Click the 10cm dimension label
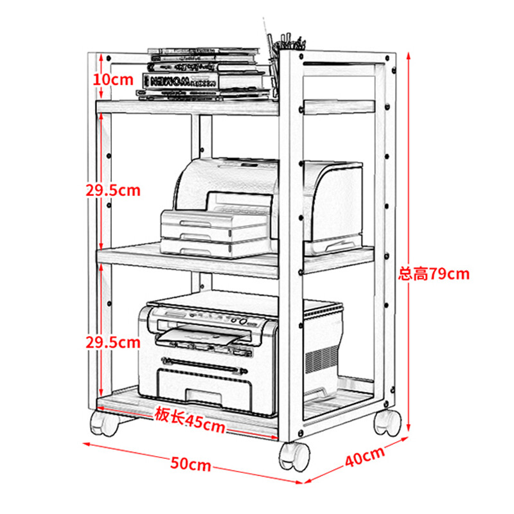tap(113, 80)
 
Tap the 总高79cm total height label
tap(434, 274)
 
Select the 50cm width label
tap(191, 464)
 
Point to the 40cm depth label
tap(365, 456)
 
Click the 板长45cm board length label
tap(190, 420)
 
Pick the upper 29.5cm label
tap(113, 190)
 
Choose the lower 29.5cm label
tap(113, 342)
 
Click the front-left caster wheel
tap(104, 423)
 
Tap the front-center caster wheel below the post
tap(294, 457)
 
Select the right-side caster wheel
tap(387, 423)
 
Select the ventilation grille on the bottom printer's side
tap(321, 360)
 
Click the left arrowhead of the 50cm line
tap(87, 444)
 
